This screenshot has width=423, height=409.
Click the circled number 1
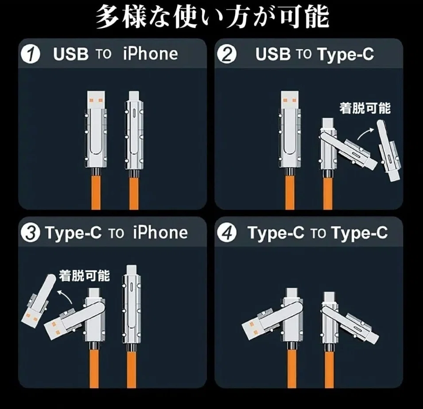30,55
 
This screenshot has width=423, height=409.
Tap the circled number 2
227,55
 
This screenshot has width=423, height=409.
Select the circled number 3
30,233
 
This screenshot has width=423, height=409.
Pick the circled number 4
227,233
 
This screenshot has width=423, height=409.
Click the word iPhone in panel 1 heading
150,54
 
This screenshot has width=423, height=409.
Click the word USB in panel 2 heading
273,54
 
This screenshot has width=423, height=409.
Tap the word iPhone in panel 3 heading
160,232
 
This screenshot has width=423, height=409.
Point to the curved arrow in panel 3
65,296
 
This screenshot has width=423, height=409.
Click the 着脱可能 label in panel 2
365,108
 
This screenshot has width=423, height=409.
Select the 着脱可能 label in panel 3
85,276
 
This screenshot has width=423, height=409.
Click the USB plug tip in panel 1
96,100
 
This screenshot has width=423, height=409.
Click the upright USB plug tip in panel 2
290,100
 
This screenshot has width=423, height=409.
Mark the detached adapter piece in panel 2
388,151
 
